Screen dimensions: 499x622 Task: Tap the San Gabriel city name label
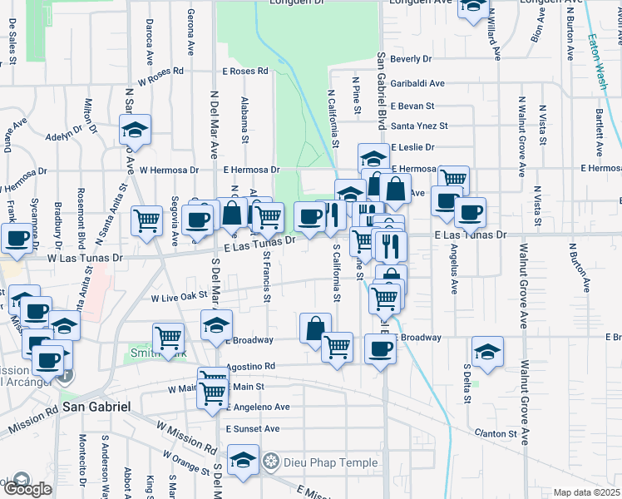coord(96,407)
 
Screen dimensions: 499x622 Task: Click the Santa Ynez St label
coord(419,126)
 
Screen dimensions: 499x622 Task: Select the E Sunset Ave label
coord(252,429)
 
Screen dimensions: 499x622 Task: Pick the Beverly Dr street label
coord(411,59)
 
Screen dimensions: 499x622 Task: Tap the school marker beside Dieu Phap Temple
coord(243,460)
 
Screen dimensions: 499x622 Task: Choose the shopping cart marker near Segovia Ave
coord(147,220)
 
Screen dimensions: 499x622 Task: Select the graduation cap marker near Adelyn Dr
coord(135,129)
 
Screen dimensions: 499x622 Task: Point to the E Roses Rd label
coord(244,72)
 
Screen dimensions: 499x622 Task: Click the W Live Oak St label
coord(178,296)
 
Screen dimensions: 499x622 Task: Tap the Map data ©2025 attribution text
coord(587,492)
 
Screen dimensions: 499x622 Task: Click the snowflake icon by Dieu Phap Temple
coord(270,462)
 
